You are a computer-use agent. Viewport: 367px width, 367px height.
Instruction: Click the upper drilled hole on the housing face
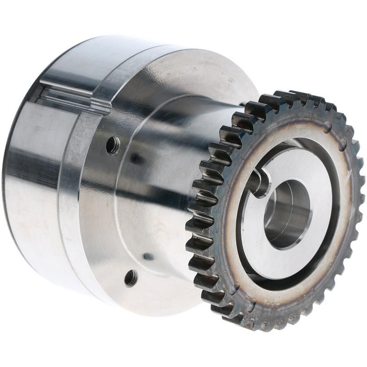click(x=112, y=145)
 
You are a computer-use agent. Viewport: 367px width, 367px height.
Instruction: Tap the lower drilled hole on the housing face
click(x=131, y=278)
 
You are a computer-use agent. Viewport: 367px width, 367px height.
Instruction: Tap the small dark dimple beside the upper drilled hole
click(x=136, y=159)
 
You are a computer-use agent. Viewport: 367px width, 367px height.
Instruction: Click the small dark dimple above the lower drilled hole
click(x=148, y=256)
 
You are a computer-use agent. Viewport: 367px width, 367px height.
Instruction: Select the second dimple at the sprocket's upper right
click(x=342, y=146)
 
